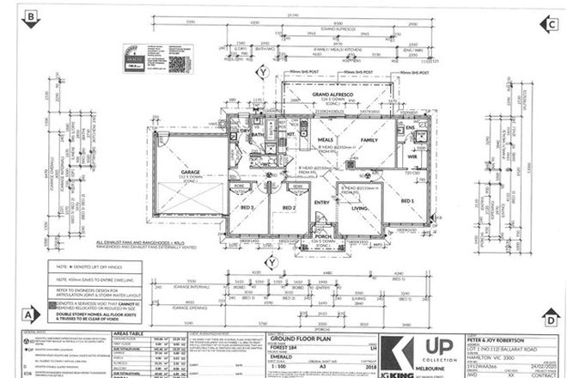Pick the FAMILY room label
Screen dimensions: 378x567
coord(369,138)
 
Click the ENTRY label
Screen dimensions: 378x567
coord(321,202)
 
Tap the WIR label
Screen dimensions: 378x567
coord(412,157)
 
